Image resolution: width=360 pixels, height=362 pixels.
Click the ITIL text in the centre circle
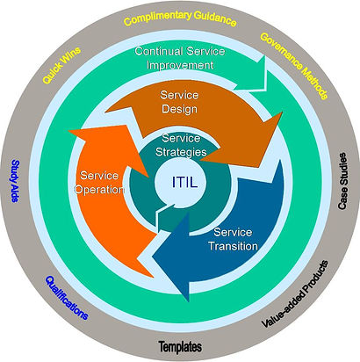(x=184, y=183)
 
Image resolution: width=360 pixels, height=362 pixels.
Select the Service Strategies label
(x=181, y=145)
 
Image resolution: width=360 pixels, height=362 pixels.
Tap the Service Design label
(x=179, y=102)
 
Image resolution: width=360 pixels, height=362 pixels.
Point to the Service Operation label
(x=99, y=182)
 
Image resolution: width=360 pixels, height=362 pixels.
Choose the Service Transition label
(x=233, y=239)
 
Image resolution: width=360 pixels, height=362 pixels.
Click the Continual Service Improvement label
(x=180, y=58)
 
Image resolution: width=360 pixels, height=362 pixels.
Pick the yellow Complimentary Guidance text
(x=180, y=18)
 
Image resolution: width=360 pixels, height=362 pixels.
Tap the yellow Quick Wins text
(x=61, y=65)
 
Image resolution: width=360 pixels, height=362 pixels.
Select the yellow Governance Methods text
(x=293, y=66)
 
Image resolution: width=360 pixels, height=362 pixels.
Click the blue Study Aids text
(x=15, y=181)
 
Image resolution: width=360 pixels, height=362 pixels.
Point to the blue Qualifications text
(x=67, y=298)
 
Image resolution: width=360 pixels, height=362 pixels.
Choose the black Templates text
(x=180, y=347)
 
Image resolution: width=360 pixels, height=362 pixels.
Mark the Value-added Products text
(x=294, y=293)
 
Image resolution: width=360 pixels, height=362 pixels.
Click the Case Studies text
(x=342, y=181)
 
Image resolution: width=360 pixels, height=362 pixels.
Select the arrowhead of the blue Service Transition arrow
(x=173, y=257)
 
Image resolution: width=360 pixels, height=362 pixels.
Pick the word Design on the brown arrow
(x=179, y=109)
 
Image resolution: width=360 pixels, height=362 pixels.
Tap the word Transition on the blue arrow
(x=233, y=246)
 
